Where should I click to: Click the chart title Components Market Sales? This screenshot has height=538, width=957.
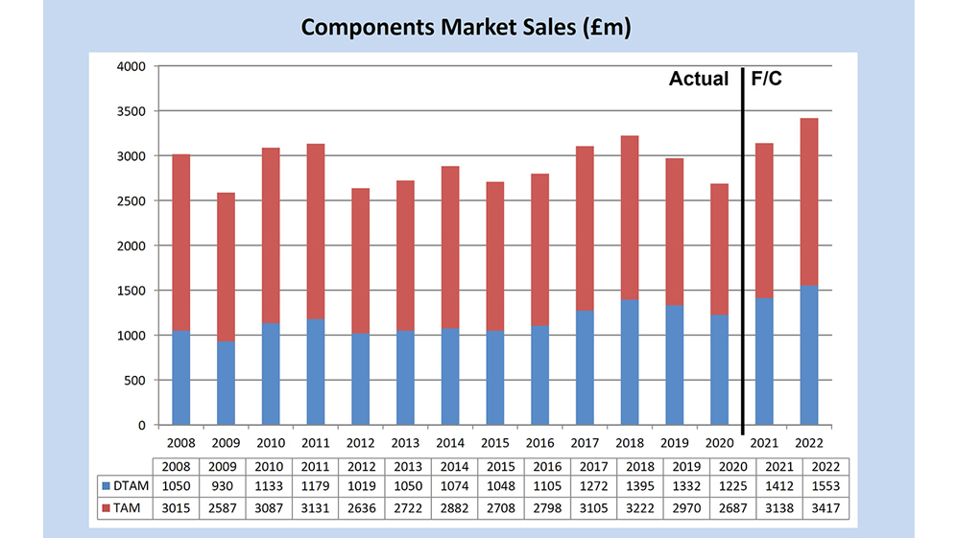tap(466, 27)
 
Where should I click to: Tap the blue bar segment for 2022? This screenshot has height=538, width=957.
tap(808, 355)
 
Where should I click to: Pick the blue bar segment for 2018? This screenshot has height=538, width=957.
tap(629, 363)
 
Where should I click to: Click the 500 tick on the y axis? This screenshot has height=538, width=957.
tap(136, 381)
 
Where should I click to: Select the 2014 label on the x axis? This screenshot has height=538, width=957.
tap(449, 442)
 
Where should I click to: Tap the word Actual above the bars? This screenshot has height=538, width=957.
tap(699, 79)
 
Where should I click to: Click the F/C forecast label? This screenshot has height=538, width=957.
tap(766, 79)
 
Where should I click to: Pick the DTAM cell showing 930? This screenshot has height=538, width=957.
tap(225, 486)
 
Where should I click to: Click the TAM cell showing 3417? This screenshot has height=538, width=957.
tap(808, 508)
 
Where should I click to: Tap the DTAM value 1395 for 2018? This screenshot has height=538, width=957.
tap(629, 486)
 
